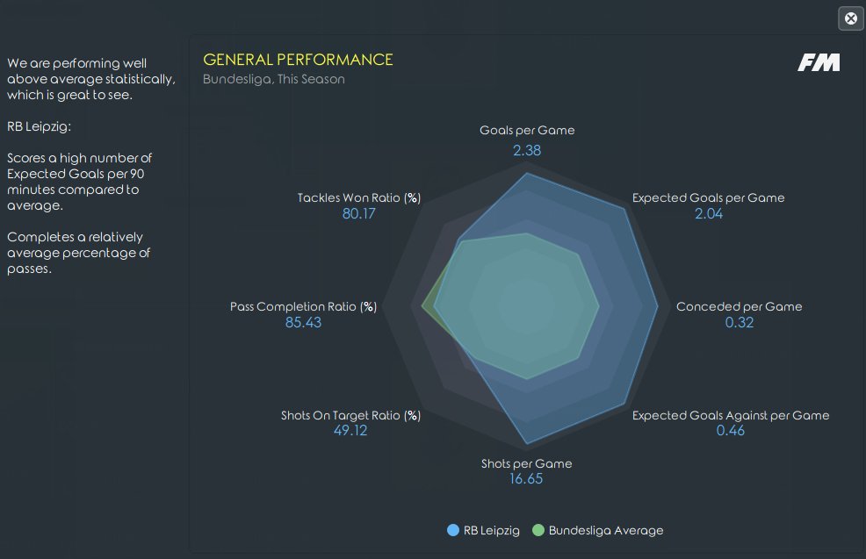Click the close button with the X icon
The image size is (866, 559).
tap(851, 18)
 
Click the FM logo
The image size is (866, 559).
tap(819, 62)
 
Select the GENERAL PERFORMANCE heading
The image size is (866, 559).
tap(298, 60)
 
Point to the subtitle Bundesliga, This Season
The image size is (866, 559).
tap(274, 80)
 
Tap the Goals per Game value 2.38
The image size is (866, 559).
tap(527, 150)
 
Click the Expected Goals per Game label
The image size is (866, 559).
tap(708, 197)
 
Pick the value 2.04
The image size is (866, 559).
tap(709, 213)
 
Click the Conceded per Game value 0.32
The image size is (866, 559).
tap(739, 322)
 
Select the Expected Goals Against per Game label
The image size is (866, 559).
tap(731, 416)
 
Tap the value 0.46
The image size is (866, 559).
tap(730, 430)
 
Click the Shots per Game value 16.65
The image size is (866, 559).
tap(526, 478)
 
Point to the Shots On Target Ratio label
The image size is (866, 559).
tap(350, 416)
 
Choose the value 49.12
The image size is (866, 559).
tap(350, 430)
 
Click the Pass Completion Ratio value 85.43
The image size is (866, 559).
tap(303, 322)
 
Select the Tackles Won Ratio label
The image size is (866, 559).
tap(359, 197)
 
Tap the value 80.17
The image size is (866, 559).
tap(359, 213)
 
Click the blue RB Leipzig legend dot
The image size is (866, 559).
tap(453, 530)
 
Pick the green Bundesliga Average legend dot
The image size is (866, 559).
tap(538, 530)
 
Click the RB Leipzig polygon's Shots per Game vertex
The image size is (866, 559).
tap(528, 444)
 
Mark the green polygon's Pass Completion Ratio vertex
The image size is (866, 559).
tap(422, 305)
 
